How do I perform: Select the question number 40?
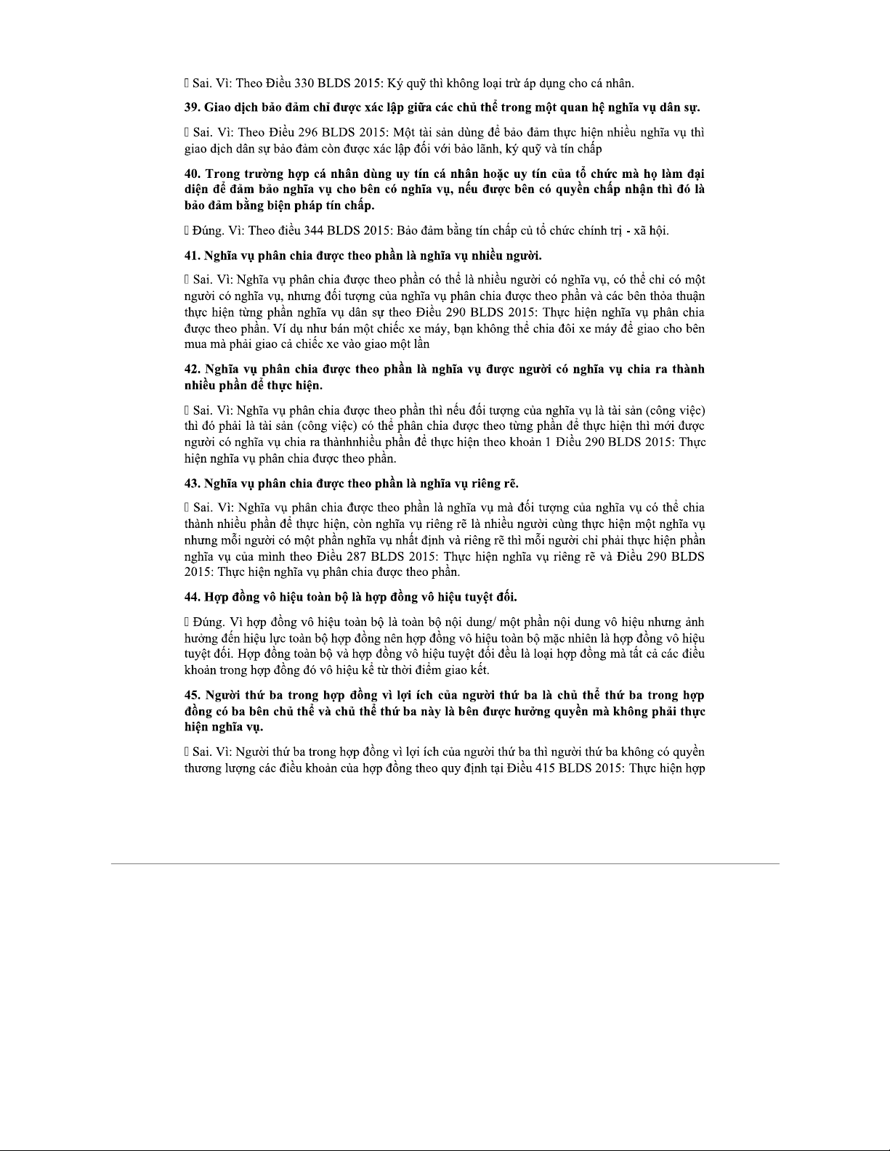(191, 174)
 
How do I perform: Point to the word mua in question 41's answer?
(195, 343)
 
